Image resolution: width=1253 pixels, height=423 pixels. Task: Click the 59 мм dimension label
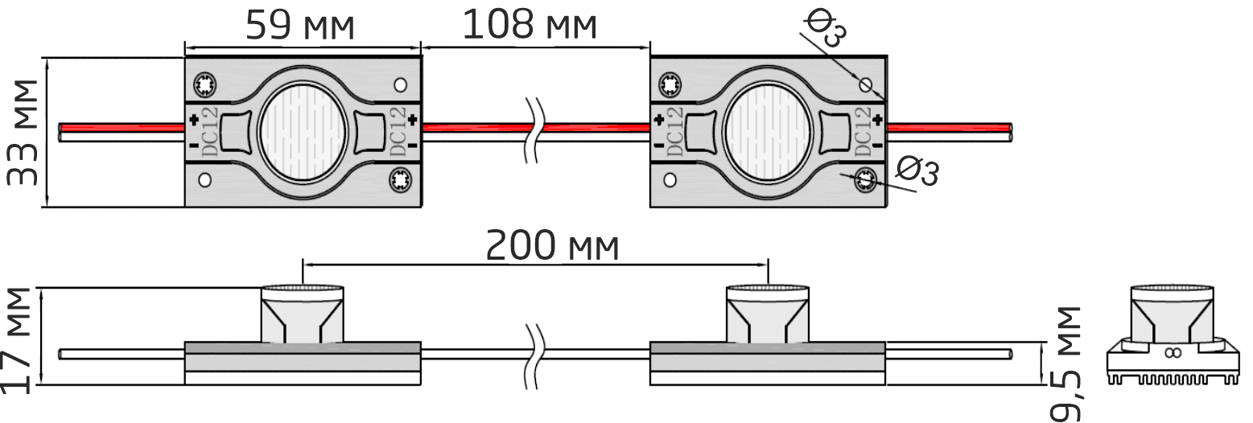click(x=300, y=26)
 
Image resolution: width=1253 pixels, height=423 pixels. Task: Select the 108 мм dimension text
click(x=530, y=26)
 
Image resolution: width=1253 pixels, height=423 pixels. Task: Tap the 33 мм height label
click(x=23, y=133)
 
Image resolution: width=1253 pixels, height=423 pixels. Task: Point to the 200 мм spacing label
click(x=552, y=246)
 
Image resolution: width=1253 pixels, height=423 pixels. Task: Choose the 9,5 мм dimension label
click(x=1065, y=363)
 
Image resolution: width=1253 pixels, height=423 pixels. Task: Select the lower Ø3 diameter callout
click(x=917, y=171)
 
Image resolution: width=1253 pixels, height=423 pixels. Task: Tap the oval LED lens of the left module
click(x=303, y=133)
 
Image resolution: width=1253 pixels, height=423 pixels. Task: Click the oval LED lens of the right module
click(x=768, y=133)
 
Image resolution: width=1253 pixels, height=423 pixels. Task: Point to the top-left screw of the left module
click(x=205, y=85)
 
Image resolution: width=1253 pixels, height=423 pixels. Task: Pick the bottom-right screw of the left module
click(x=401, y=180)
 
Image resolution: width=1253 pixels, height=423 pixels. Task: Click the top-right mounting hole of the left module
click(x=401, y=85)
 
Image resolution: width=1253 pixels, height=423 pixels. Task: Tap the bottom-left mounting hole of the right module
click(x=670, y=180)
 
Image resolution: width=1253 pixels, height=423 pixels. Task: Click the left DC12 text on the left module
click(x=210, y=133)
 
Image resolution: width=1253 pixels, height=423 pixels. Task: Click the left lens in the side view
click(x=302, y=314)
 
